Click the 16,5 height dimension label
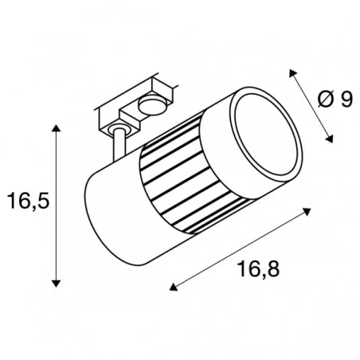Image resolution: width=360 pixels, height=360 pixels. (28, 202)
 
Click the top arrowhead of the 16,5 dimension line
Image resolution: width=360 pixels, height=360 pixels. (57, 127)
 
